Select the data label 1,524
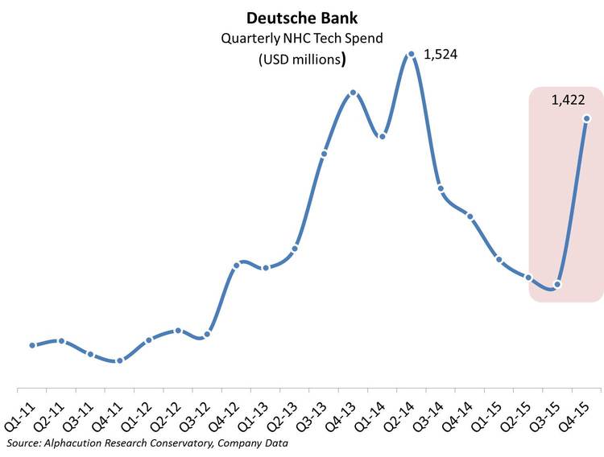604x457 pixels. [440, 56]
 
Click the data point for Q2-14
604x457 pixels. [411, 55]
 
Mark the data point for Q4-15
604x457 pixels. [586, 119]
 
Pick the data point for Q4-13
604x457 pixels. [353, 93]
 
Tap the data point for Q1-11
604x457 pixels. [32, 345]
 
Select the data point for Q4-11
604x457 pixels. [119, 360]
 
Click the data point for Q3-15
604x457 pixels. [557, 284]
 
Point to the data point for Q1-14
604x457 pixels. [383, 136]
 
